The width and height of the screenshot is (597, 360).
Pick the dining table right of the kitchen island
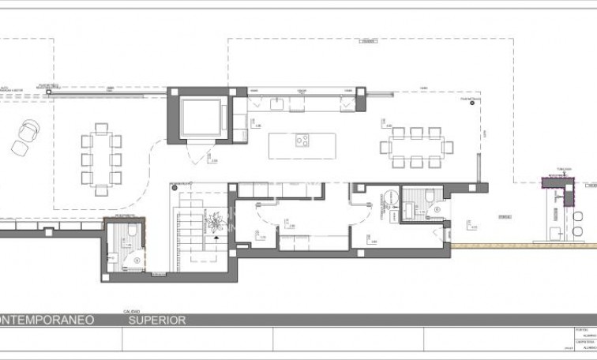412,146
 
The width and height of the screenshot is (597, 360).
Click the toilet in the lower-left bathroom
132,231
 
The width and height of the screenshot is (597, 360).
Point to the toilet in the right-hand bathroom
428,195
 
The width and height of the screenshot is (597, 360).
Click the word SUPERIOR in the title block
158,321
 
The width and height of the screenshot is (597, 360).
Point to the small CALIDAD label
130,313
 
